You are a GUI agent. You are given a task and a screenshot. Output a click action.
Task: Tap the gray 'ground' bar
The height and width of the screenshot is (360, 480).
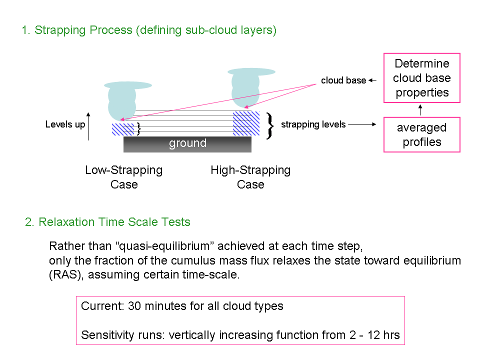pos(187,144)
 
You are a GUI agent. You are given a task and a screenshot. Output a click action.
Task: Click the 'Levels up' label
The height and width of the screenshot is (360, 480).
pos(65,124)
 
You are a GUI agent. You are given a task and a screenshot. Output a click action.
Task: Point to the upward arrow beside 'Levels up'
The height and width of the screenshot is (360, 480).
pos(88,126)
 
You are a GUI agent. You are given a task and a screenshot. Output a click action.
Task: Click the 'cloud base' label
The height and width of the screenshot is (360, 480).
pos(343,80)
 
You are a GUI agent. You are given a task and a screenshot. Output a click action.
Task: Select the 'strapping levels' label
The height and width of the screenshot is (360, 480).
pos(313,124)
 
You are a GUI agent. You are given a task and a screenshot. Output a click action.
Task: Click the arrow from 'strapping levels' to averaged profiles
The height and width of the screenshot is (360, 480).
pos(362,124)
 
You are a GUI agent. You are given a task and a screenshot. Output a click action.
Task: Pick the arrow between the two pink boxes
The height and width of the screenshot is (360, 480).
pos(420,110)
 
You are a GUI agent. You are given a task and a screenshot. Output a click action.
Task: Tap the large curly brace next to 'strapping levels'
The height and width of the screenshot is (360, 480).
pos(269,126)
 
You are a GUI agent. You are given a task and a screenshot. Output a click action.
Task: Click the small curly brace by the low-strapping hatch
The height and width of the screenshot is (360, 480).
pos(138,129)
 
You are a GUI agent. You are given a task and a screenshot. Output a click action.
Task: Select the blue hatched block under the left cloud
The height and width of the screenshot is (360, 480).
pos(123,129)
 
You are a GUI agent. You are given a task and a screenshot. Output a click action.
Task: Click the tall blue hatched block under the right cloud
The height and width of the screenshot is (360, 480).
pos(246,123)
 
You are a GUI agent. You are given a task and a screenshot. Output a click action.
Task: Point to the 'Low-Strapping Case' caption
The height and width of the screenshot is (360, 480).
pos(124,177)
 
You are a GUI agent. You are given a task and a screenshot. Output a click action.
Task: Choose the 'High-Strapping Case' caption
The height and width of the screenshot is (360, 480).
pos(250,177)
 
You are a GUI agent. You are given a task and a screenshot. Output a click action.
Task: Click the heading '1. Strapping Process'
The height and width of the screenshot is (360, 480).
pos(77,30)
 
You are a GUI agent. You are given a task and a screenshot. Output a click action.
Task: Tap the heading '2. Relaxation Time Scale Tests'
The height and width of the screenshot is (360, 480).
pos(107,222)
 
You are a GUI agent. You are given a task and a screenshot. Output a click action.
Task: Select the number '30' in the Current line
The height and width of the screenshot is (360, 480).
pos(134,306)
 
